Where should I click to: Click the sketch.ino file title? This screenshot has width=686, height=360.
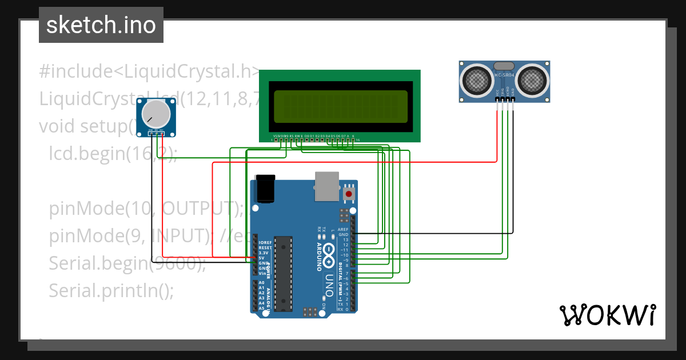pos(101,25)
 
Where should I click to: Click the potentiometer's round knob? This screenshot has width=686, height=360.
pos(155,114)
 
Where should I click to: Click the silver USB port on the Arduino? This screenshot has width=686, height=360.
pos(327,186)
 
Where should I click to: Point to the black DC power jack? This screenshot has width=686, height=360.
pos(265,189)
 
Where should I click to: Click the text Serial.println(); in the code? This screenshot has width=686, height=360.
pos(111,291)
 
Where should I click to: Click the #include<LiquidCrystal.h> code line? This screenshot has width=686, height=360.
pos(149,72)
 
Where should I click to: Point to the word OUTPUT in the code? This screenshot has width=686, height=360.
pos(197,209)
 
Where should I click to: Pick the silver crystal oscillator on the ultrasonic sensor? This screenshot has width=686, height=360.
pos(504,66)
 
